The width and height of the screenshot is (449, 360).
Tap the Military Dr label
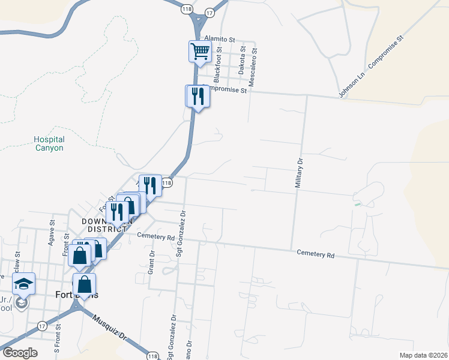[x=298, y=174]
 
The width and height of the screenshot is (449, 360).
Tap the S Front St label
[x=58, y=338]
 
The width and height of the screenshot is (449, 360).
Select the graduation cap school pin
[x=23, y=284]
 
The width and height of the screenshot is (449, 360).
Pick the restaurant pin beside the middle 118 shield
[x=150, y=185]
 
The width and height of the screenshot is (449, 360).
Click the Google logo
[x=20, y=353]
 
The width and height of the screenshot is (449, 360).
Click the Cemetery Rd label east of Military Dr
[x=315, y=254]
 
